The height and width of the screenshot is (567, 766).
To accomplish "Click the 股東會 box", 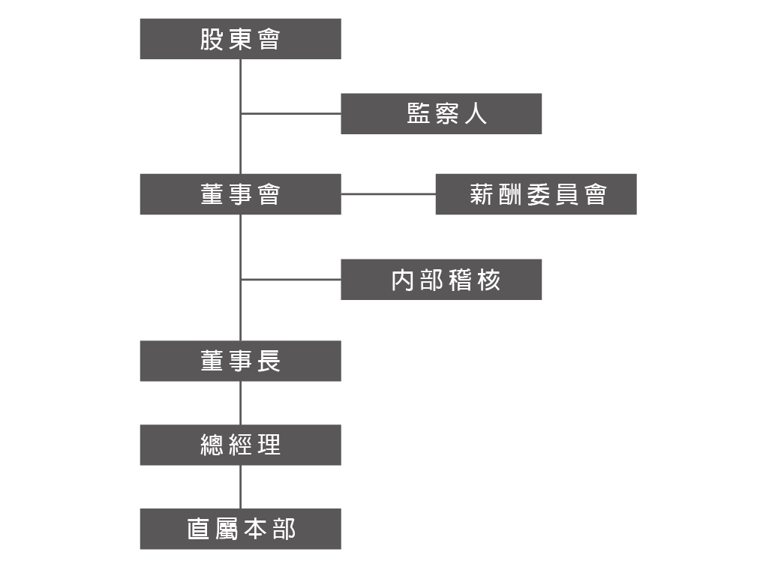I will pos(240,39).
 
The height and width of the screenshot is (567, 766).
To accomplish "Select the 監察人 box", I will pos(441,114).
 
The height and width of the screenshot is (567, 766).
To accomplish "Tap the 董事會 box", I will pos(240,194).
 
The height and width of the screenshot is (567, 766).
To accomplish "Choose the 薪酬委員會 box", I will pos(536,194).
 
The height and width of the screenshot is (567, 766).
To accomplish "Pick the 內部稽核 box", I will pos(441,280).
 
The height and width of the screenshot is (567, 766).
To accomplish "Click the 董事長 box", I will pos(240,361).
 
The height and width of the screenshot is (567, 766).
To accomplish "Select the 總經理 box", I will pos(240,445).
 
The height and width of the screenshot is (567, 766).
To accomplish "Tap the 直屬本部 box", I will pos(240,529).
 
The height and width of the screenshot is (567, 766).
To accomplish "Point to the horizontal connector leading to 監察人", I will pos(290,114).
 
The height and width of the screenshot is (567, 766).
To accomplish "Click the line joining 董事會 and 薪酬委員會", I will pos(388,194).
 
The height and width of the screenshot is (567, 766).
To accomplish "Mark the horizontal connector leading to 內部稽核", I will pos(290,280).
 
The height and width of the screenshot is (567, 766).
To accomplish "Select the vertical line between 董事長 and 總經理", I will pos(240,403).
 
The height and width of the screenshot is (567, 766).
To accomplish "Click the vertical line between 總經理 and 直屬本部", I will pos(240,487).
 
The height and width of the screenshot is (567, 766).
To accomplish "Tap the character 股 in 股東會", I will pos(212,39).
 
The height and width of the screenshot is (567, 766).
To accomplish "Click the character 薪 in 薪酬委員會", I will pos(480,194).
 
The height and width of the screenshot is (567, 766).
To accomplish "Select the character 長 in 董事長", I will pos(268,361).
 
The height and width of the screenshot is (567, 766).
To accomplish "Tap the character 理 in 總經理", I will pos(268,445).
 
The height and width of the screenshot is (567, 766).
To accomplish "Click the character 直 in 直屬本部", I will pos(198,529).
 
